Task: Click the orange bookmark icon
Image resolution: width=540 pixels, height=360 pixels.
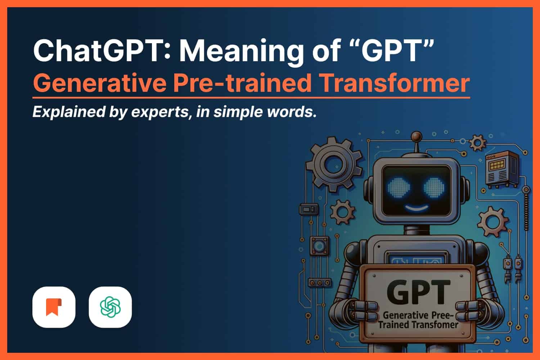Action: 54,307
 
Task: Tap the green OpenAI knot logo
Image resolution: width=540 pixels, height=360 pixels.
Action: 111,307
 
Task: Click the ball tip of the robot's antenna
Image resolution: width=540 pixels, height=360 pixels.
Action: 417,136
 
